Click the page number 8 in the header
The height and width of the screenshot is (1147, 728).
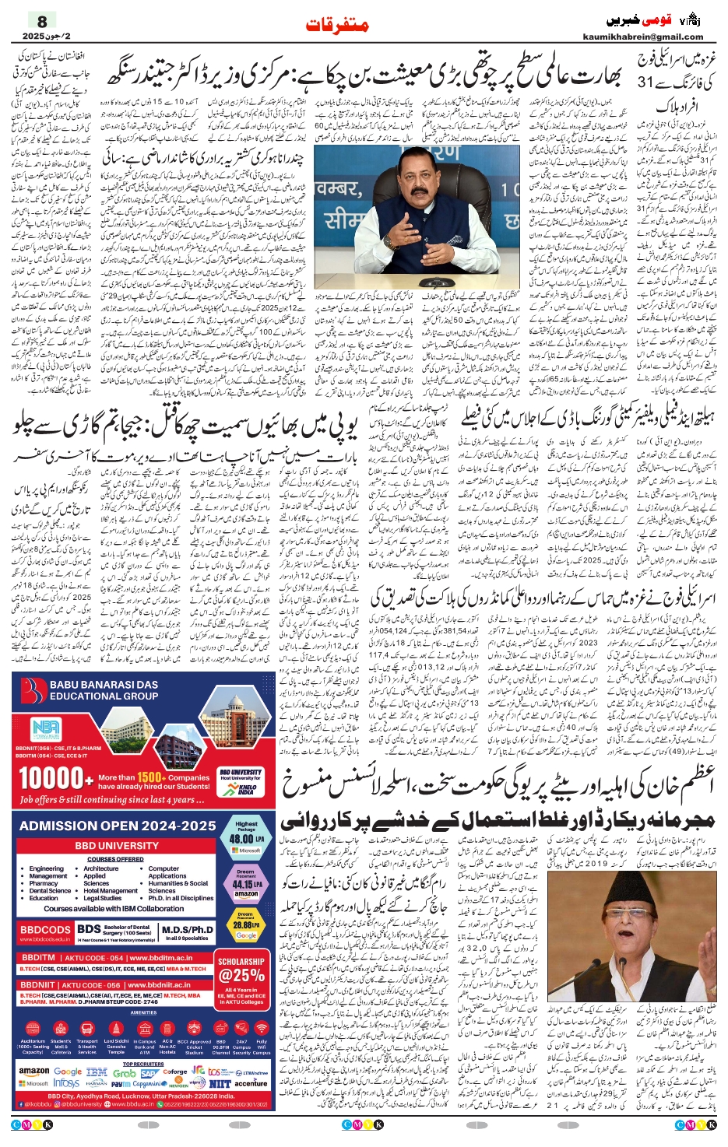tap(42, 21)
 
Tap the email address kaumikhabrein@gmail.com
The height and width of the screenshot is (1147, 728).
tap(642, 37)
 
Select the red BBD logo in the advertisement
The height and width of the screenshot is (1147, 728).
tap(33, 691)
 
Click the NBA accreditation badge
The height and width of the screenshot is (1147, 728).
tap(45, 730)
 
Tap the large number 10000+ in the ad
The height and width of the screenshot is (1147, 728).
tap(51, 777)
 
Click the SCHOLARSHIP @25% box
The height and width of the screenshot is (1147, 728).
tap(241, 970)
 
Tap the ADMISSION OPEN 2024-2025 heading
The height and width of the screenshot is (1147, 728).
tap(118, 826)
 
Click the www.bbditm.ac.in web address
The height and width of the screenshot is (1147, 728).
tap(161, 958)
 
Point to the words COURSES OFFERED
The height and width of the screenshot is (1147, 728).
tap(115, 859)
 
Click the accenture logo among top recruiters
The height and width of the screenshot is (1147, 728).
tap(251, 1083)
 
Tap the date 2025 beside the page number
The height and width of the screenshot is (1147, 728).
tap(34, 36)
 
